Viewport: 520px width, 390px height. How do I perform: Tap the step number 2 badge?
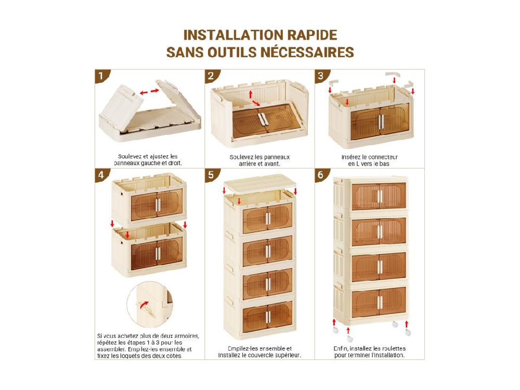tap(211, 76)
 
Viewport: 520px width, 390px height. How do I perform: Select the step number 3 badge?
tap(320, 76)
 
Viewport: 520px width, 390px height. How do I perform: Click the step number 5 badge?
tap(211, 175)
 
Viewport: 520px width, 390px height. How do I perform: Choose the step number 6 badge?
tap(320, 175)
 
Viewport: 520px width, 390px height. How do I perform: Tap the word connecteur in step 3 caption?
tap(383, 157)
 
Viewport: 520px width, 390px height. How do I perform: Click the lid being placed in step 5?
tap(260, 182)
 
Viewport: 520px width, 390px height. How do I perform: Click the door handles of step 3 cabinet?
tap(381, 121)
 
